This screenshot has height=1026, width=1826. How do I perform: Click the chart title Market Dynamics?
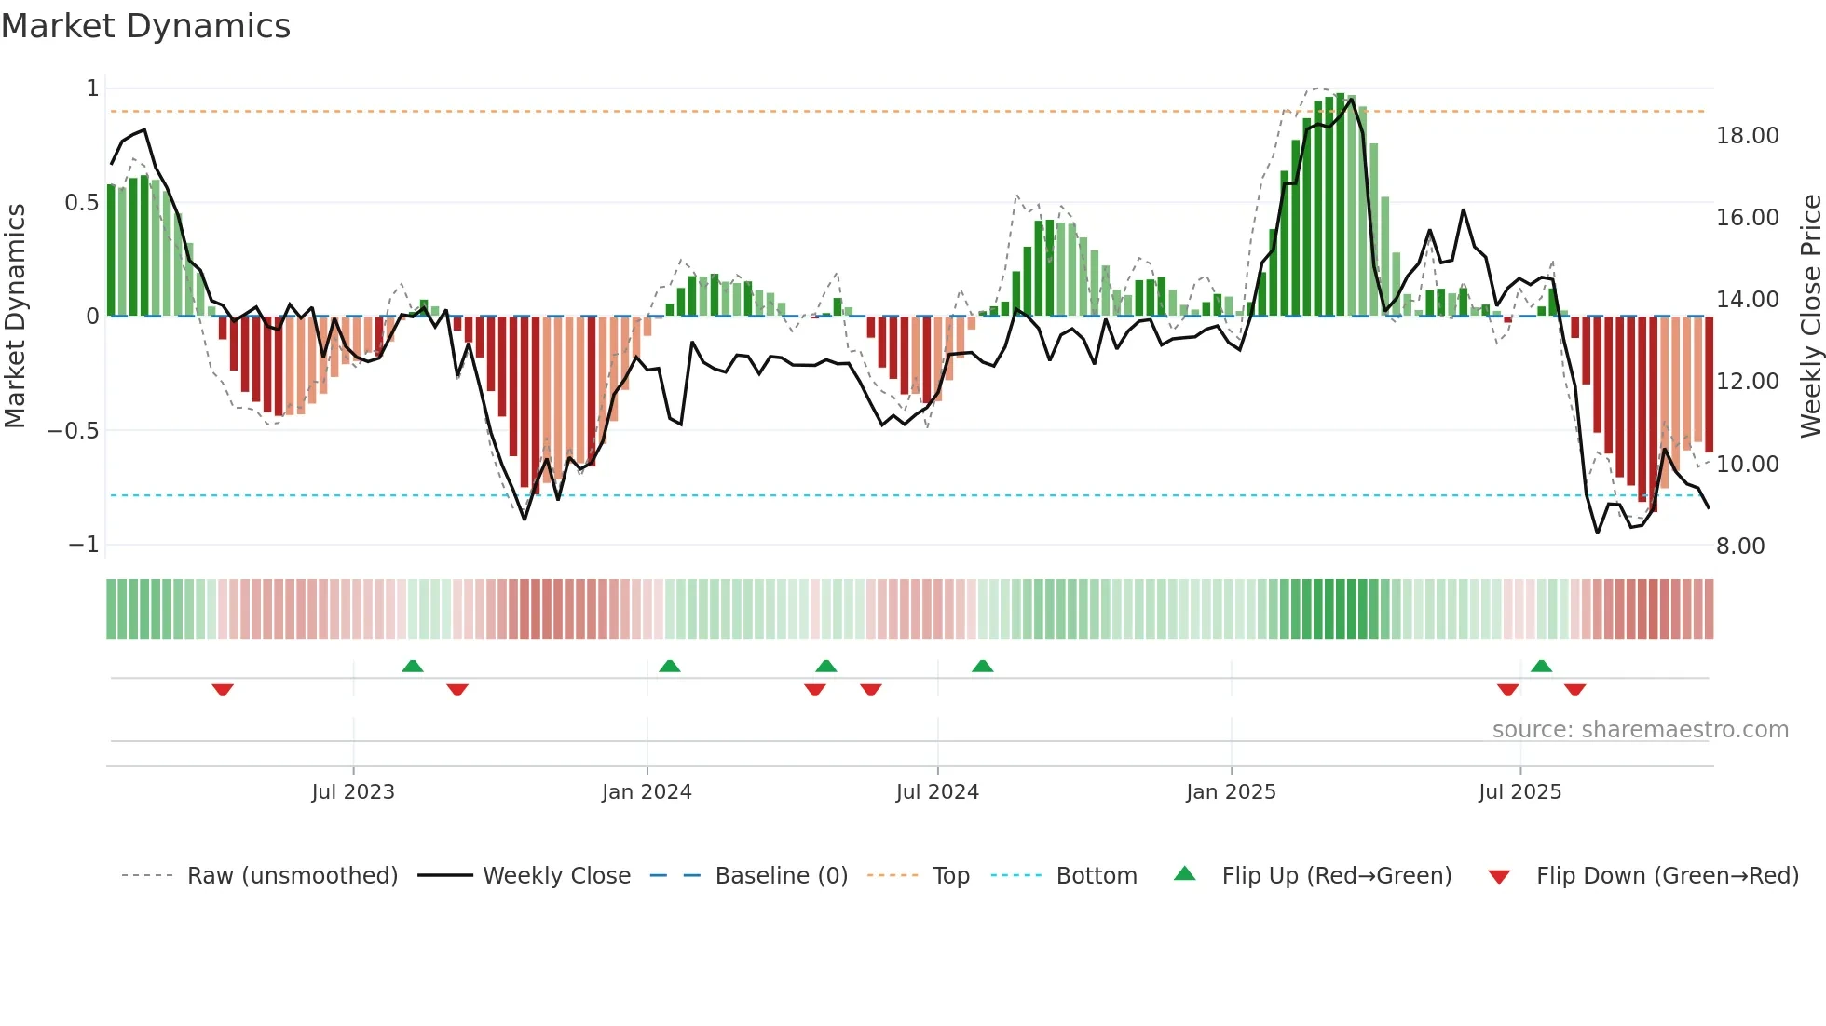(145, 26)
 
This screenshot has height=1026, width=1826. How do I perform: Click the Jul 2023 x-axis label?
(353, 792)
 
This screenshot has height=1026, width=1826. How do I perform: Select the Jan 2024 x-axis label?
(647, 792)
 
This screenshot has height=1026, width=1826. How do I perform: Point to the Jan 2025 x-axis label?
(1231, 792)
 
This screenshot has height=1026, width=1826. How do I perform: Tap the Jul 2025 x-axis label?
(1519, 792)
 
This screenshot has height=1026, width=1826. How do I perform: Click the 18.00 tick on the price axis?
(1747, 136)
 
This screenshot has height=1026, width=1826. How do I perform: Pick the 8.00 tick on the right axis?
(1740, 547)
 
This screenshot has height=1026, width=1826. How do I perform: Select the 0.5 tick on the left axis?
(81, 203)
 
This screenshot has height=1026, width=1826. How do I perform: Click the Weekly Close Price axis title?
(1810, 317)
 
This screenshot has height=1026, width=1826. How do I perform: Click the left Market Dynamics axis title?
(15, 317)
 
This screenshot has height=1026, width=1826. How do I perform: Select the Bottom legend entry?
(1096, 876)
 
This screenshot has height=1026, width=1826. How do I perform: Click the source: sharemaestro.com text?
(1640, 730)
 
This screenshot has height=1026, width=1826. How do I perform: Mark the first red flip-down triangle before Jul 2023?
(223, 690)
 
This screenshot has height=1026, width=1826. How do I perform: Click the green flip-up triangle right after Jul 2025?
(1541, 666)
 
